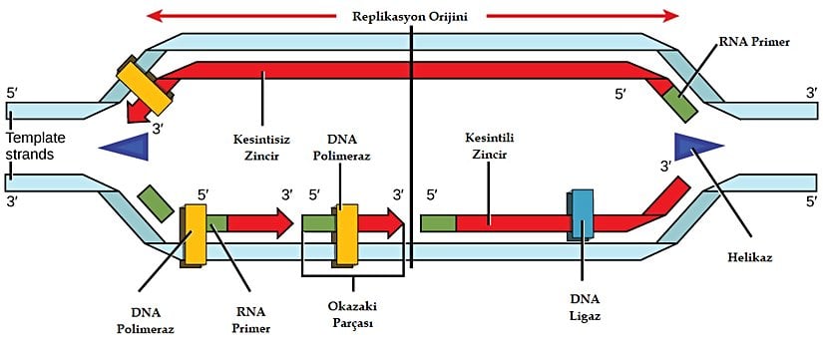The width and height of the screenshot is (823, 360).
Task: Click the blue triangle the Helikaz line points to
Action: [696, 146]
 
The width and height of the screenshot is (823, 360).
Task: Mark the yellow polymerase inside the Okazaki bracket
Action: [346, 235]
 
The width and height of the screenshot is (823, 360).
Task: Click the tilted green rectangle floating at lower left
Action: [155, 201]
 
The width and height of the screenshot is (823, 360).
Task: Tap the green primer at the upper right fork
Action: [681, 104]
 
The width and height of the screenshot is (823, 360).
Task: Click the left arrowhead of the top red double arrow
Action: [154, 16]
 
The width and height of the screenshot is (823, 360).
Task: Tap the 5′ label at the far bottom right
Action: [811, 201]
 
